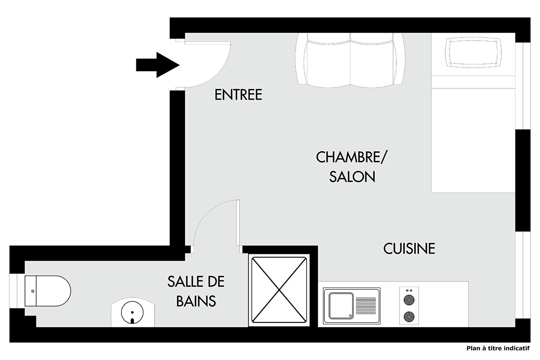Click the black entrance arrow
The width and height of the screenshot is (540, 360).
[x=158, y=65]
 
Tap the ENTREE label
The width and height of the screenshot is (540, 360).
[x=238, y=95]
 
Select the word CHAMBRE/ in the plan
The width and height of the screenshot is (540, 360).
[x=351, y=157]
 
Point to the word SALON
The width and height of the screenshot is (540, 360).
[x=352, y=177]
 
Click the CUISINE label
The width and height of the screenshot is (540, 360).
[x=409, y=249]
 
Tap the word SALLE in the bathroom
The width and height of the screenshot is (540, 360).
[x=184, y=281]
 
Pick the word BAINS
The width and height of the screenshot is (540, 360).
[x=196, y=301]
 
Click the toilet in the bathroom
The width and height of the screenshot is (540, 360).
[x=48, y=291]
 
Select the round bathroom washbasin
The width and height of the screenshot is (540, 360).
[x=132, y=313]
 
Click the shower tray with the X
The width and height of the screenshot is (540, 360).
[x=279, y=290]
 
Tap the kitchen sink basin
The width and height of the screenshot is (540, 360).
[x=341, y=306]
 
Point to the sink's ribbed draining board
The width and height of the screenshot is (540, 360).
[x=366, y=306]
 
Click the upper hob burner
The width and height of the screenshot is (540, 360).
[x=409, y=300]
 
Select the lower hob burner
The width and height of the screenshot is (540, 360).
[x=409, y=316]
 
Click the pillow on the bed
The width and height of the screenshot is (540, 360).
[x=473, y=52]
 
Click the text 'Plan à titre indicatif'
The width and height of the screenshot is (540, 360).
[x=498, y=348]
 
